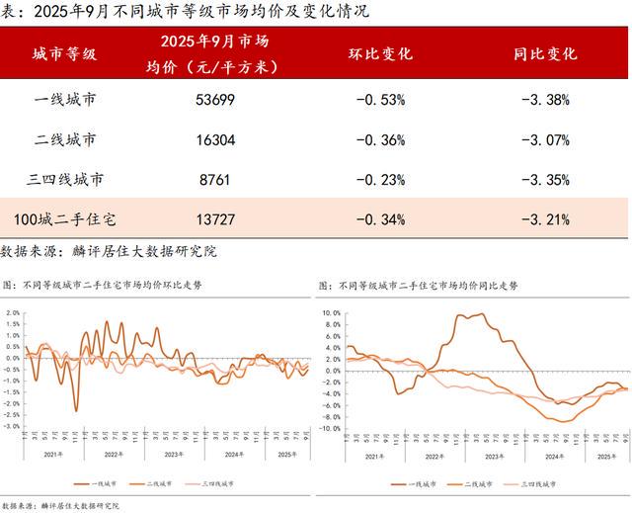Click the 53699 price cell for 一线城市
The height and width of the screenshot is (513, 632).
[214, 99]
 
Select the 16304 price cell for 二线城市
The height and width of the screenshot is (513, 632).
[214, 139]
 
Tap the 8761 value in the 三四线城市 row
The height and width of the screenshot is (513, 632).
[214, 180]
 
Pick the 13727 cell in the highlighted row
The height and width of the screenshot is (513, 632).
[214, 217]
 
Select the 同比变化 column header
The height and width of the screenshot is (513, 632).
[545, 54]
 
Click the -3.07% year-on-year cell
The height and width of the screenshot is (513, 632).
[545, 139]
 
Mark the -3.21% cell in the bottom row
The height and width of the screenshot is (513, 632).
[545, 217]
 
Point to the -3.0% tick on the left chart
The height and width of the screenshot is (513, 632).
[13, 427]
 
